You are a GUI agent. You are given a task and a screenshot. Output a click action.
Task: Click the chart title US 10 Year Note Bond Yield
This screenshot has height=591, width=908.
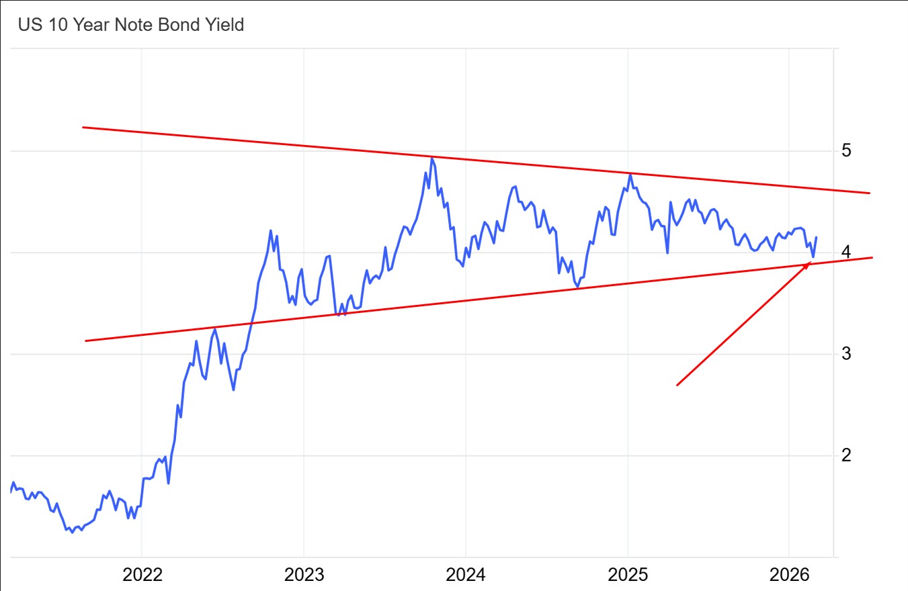point(130,26)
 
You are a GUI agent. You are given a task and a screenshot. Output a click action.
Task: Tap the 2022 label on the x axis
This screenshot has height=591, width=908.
point(142,575)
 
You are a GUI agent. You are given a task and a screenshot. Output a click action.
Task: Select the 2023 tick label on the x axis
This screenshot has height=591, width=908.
point(304,575)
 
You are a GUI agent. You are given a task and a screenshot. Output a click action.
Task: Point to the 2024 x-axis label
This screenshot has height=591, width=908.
point(466,575)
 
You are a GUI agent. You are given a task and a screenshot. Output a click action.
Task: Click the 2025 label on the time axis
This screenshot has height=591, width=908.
point(628,575)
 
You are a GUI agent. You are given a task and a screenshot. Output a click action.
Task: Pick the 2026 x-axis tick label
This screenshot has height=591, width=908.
point(789,575)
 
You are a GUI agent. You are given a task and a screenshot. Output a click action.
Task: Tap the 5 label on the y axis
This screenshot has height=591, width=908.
point(847,150)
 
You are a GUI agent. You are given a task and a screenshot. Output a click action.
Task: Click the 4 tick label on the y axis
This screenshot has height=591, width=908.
point(847,253)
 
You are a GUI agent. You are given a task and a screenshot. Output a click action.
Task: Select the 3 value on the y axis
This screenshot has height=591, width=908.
point(847,354)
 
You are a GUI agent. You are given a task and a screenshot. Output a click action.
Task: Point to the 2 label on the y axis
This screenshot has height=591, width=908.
point(847,455)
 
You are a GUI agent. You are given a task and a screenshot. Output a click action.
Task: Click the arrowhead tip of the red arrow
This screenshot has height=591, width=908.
point(811,263)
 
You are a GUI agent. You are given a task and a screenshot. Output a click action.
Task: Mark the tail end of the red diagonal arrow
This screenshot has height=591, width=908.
point(677,385)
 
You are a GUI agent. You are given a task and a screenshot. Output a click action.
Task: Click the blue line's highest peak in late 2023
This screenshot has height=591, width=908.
point(431,158)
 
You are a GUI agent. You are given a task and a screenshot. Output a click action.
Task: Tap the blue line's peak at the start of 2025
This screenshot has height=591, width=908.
point(630,174)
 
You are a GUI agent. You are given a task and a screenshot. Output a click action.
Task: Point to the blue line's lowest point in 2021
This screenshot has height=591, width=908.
point(72,533)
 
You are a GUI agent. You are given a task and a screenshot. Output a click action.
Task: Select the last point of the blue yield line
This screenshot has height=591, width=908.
point(817,237)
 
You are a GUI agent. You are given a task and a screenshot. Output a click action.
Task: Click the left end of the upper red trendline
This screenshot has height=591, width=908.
point(83,127)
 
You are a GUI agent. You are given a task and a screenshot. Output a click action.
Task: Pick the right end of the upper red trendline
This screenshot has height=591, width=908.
point(870,193)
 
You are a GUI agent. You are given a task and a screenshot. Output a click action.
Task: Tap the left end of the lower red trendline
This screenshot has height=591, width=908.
point(85,341)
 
